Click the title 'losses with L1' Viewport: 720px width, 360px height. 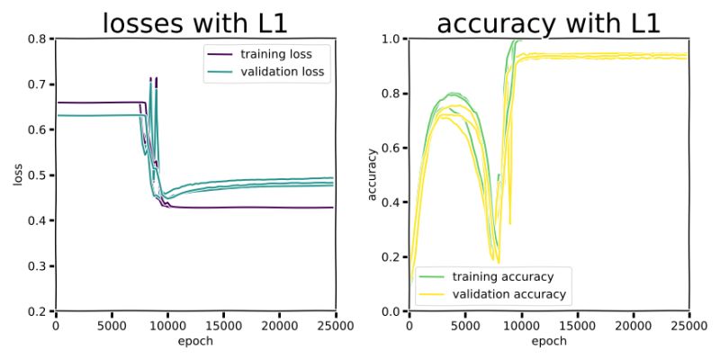point(194,22)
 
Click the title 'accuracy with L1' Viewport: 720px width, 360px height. point(548,22)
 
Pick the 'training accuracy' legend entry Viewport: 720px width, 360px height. point(503,276)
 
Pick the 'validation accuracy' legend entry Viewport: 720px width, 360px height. point(508,293)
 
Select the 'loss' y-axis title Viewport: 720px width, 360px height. point(17,175)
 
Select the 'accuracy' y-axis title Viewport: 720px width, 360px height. point(372,175)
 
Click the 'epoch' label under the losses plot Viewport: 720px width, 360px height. point(194,341)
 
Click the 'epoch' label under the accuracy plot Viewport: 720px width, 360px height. point(548,341)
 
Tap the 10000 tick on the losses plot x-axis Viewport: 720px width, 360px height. point(167,325)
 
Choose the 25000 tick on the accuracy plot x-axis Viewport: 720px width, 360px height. point(688,325)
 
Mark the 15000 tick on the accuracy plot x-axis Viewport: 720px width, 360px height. point(577,325)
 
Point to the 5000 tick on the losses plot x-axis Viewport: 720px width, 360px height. point(112,325)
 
